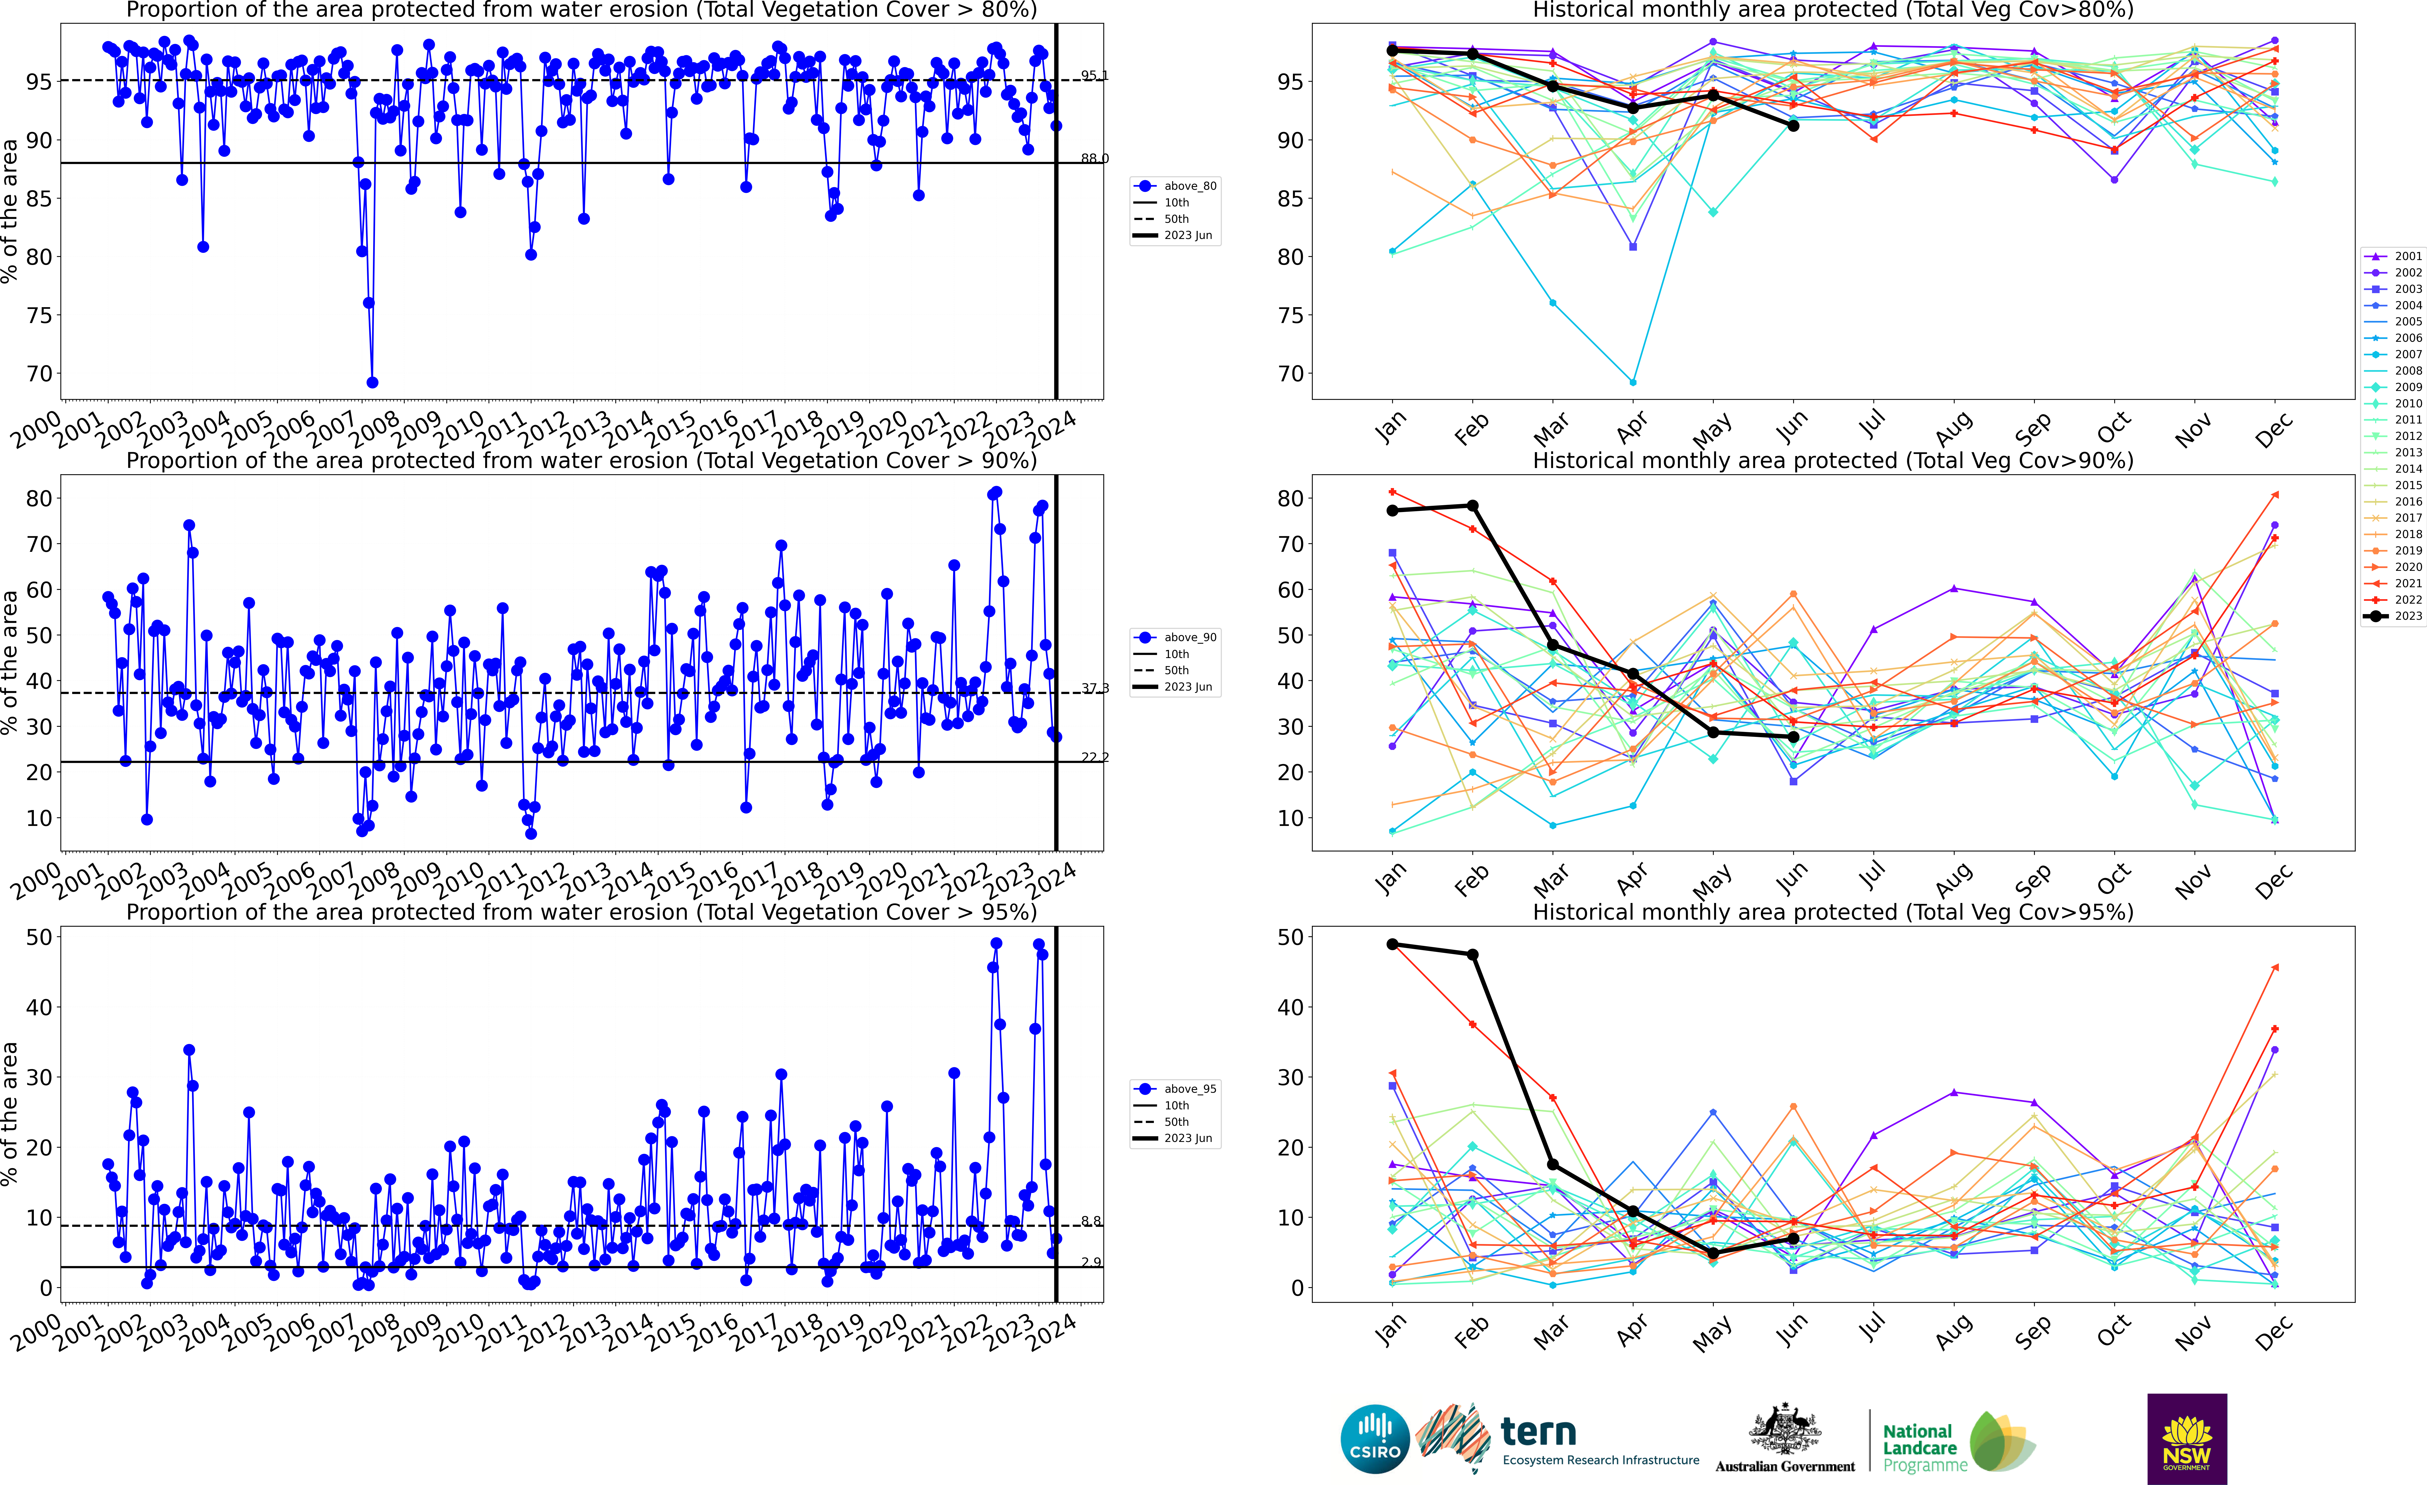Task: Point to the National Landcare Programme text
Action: tap(1918, 1448)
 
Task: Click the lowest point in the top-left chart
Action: tap(372, 382)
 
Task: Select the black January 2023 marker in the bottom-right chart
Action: tap(1392, 944)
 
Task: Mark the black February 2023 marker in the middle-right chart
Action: tap(1473, 506)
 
